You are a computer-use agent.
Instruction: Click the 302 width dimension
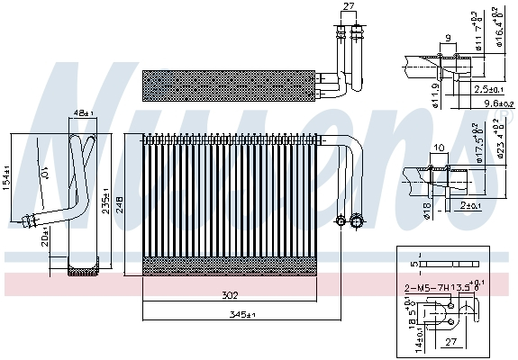[231, 296]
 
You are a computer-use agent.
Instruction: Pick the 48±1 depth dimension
[83, 113]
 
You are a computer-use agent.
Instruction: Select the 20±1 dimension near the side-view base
[43, 236]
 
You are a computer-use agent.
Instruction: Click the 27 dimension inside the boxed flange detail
[451, 342]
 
